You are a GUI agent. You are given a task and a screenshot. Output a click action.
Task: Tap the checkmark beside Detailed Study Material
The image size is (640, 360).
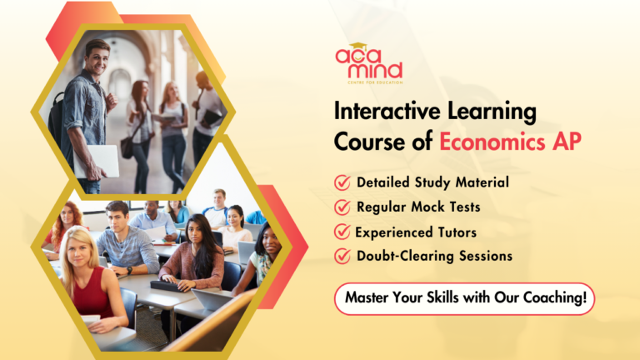pyautogui.click(x=342, y=182)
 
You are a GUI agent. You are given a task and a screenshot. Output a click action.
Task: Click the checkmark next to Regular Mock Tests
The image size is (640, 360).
pyautogui.click(x=342, y=206)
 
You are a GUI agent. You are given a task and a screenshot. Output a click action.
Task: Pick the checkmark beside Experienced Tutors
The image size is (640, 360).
pyautogui.click(x=342, y=231)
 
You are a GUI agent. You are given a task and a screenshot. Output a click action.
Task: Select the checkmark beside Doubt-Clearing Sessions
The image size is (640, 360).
pyautogui.click(x=342, y=256)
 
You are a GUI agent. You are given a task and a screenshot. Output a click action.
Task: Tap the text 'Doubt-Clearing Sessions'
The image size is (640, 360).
pyautogui.click(x=434, y=256)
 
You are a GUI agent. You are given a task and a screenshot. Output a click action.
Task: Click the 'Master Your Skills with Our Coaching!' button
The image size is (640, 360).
pyautogui.click(x=464, y=298)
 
